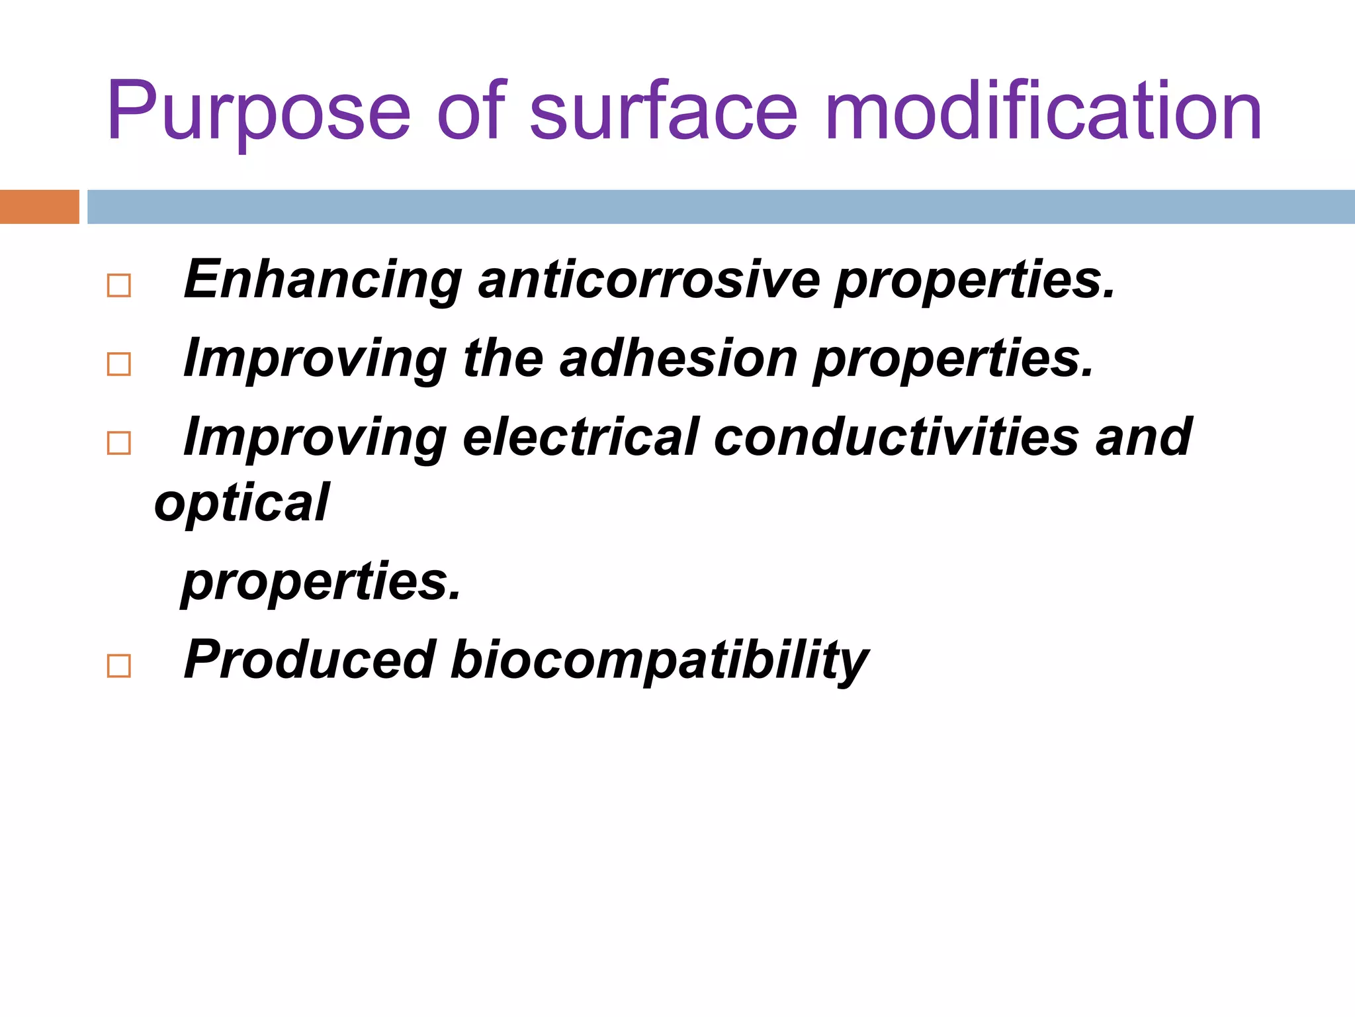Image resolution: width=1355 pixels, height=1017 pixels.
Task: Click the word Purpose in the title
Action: coord(258,113)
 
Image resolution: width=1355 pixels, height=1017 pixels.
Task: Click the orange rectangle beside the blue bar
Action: coord(39,207)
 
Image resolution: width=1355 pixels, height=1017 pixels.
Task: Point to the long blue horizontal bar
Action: coord(721,207)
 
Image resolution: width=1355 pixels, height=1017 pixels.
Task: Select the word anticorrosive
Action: coord(649,279)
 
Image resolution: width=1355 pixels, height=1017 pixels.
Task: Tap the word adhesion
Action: coord(678,358)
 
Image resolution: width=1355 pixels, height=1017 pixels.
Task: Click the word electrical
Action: coord(581,437)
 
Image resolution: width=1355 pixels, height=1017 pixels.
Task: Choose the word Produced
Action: coord(310,659)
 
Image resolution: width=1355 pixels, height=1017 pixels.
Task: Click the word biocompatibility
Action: coord(659,661)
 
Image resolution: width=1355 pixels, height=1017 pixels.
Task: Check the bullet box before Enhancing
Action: coord(119,286)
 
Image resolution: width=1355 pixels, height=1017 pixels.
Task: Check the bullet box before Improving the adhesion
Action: coord(119,364)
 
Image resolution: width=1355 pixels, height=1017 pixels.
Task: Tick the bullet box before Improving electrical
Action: coord(119,443)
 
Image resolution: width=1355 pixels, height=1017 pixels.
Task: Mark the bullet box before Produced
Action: coord(119,665)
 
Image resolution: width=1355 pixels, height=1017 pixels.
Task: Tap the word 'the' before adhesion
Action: coord(503,358)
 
